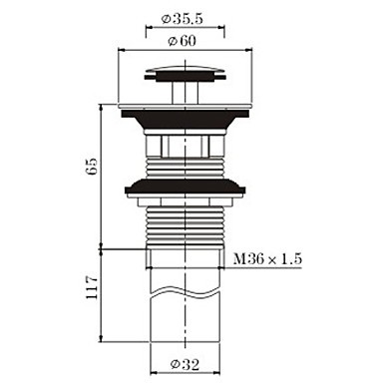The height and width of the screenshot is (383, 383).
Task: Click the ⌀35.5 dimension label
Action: [x=182, y=19]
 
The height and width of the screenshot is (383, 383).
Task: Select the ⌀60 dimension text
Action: [x=183, y=41]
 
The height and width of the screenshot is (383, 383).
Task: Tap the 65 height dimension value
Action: [x=92, y=166]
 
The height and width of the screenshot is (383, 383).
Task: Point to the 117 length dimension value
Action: [x=92, y=286]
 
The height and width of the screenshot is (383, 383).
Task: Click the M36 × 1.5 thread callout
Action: [x=267, y=258]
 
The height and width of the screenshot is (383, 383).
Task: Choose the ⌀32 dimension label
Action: [x=186, y=365]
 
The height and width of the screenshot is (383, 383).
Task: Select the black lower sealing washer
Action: [x=185, y=188]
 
